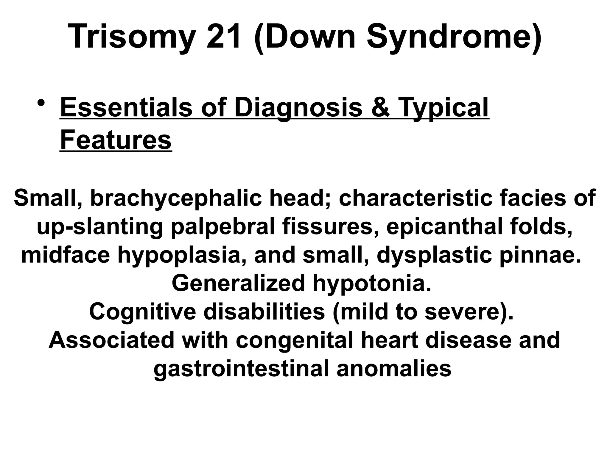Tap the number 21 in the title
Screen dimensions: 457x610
(x=223, y=37)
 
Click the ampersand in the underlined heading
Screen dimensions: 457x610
(x=381, y=108)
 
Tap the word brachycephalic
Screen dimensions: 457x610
(x=176, y=198)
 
